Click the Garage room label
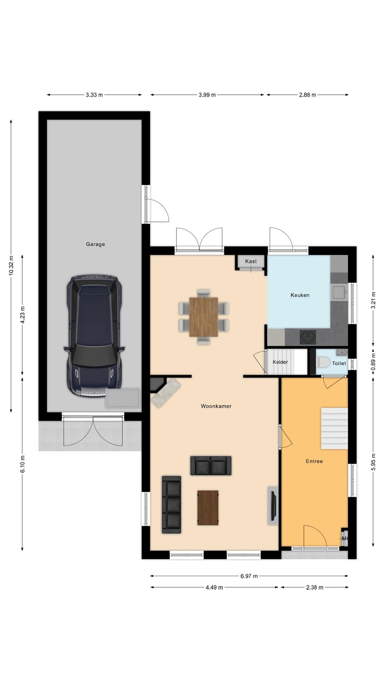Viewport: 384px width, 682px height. (95, 244)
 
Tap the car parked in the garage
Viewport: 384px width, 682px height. (94, 336)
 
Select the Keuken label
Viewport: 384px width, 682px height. (300, 295)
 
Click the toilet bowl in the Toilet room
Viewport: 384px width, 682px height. (322, 362)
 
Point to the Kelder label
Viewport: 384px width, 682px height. (280, 362)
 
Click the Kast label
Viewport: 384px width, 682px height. (251, 261)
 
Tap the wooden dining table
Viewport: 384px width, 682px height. (203, 317)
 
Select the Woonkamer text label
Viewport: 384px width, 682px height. (216, 406)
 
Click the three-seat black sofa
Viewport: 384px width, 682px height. (171, 504)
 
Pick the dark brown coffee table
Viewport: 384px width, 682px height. (208, 508)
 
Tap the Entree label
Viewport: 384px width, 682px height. (314, 461)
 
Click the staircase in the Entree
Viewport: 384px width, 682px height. (334, 428)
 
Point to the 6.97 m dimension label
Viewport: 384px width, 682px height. (249, 576)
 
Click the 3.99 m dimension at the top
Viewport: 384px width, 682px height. (207, 95)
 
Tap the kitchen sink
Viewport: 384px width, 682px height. (339, 293)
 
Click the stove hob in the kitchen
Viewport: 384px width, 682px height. (308, 337)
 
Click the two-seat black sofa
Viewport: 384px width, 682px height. (211, 466)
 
